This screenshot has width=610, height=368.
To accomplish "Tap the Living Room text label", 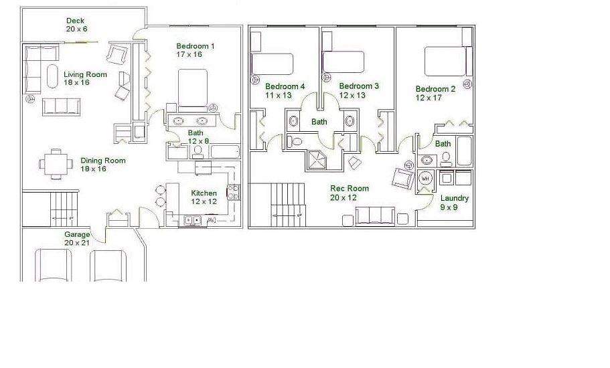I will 85,78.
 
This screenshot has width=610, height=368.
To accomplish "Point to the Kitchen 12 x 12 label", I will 204,197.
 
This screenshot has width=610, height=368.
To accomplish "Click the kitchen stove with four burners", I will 233,192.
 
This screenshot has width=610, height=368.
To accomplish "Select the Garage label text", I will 77,239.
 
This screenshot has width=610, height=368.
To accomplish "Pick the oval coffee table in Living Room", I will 52,78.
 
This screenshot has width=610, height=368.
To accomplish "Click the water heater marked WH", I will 425,179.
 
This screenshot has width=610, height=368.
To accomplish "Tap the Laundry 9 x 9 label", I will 455,203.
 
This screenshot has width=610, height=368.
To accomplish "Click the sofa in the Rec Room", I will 375,216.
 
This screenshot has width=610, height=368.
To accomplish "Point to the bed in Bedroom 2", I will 445,62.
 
